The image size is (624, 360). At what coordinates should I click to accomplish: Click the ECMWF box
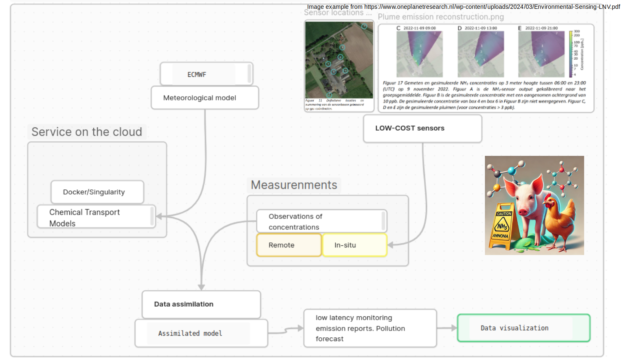coord(206,74)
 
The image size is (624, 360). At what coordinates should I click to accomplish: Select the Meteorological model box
coord(205,98)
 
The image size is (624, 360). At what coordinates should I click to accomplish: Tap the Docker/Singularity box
coord(97,192)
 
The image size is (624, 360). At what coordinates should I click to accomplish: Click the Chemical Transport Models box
coord(96,217)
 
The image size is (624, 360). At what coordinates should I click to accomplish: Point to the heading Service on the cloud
coord(87,132)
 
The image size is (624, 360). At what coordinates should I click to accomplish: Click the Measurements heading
coord(294,185)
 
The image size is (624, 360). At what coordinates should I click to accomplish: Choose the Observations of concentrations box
coord(321,221)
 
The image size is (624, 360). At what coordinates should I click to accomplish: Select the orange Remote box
coord(289,245)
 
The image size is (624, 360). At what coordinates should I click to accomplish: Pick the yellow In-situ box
coord(354,245)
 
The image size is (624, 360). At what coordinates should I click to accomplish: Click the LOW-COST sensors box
coord(422,129)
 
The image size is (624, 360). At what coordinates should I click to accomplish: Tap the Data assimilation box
coord(201,304)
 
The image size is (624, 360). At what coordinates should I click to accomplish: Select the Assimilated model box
coord(201,334)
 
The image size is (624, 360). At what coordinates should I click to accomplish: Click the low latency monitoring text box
coord(370,328)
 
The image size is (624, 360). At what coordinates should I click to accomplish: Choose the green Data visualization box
coord(523,328)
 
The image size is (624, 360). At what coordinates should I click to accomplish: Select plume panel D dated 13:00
coord(480,54)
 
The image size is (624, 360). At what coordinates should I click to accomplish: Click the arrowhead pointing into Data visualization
coord(454,328)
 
